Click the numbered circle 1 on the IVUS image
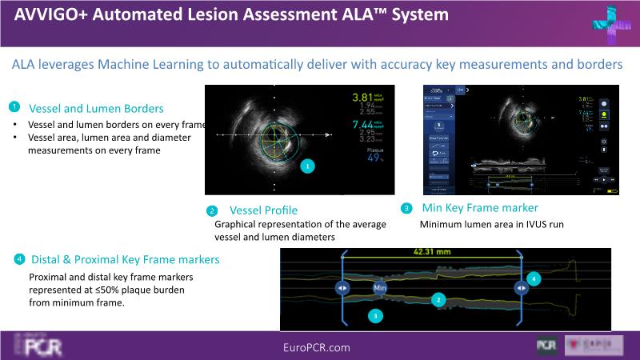pyautogui.click(x=309, y=166)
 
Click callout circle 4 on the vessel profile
pyautogui.click(x=534, y=278)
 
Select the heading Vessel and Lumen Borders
pyautogui.click(x=96, y=108)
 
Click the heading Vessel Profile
pyautogui.click(x=263, y=210)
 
